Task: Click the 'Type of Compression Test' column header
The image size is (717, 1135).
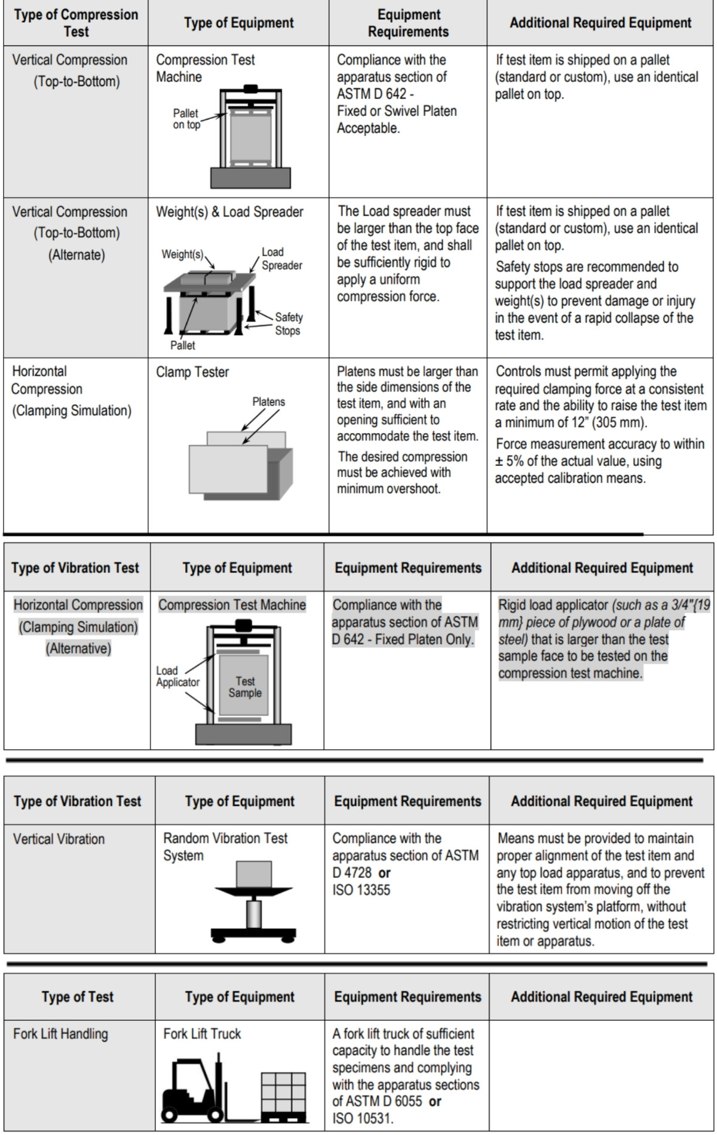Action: (x=76, y=23)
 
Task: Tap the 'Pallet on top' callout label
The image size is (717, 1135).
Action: (x=186, y=119)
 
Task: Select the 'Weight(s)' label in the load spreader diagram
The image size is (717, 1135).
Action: (x=182, y=254)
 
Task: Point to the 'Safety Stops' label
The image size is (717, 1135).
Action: (x=288, y=324)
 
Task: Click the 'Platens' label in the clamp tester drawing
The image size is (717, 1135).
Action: (x=268, y=402)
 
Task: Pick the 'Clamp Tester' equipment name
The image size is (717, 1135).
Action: (x=192, y=372)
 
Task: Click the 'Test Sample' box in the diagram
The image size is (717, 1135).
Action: (x=244, y=687)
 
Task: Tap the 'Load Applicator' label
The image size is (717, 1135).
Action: (x=177, y=676)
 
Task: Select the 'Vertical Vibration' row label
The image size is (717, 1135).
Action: (x=59, y=839)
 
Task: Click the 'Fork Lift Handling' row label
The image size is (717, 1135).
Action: (x=60, y=1034)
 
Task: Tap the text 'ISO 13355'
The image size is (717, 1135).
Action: (x=361, y=890)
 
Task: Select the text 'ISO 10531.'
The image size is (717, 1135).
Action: (x=363, y=1118)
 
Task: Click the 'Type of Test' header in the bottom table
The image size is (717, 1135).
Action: (x=77, y=996)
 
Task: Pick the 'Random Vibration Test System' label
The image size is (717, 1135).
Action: (x=225, y=847)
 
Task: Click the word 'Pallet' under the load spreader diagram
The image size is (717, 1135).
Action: (x=182, y=345)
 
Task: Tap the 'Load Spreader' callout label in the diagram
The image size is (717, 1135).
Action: (x=281, y=259)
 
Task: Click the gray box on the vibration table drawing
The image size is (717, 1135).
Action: (x=254, y=874)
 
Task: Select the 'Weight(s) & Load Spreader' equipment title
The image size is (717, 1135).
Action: (x=229, y=212)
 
